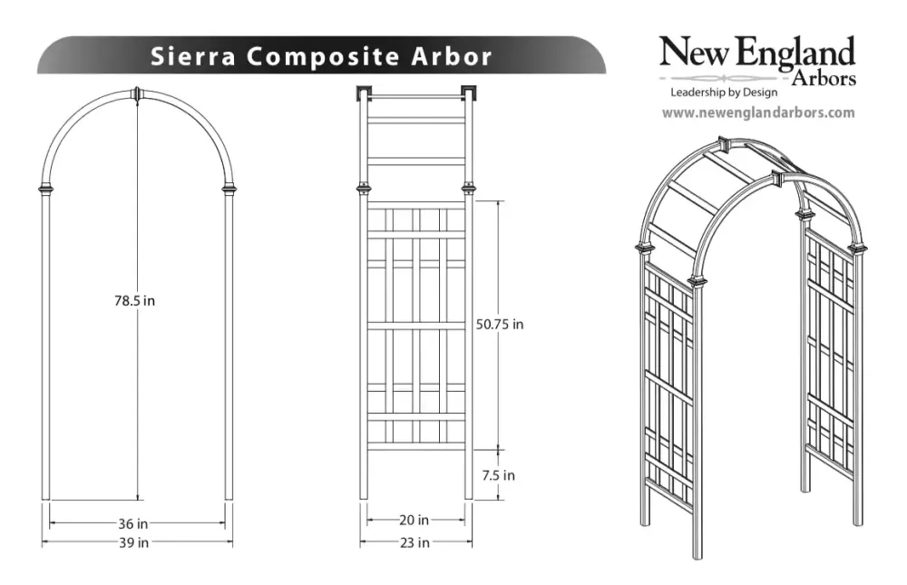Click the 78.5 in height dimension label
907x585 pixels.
pyautogui.click(x=134, y=301)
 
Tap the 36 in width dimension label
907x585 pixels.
pyautogui.click(x=133, y=523)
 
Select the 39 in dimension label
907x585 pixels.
pyautogui.click(x=133, y=542)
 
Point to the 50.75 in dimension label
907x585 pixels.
pyautogui.click(x=500, y=325)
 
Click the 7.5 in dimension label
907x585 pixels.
pyautogui.click(x=498, y=475)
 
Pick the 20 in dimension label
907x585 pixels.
pyautogui.click(x=414, y=521)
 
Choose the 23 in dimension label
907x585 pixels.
pyautogui.click(x=414, y=542)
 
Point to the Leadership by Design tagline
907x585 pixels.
pyautogui.click(x=724, y=92)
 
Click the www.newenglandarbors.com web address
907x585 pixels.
pyautogui.click(x=758, y=112)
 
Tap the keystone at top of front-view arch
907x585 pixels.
pyautogui.click(x=138, y=95)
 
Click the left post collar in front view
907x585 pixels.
pyautogui.click(x=45, y=189)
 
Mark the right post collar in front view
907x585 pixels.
pyautogui.click(x=229, y=189)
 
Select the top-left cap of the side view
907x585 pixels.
pyautogui.click(x=364, y=93)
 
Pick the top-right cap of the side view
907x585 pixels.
pyautogui.click(x=469, y=93)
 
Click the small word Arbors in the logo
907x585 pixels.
pyautogui.click(x=824, y=78)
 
